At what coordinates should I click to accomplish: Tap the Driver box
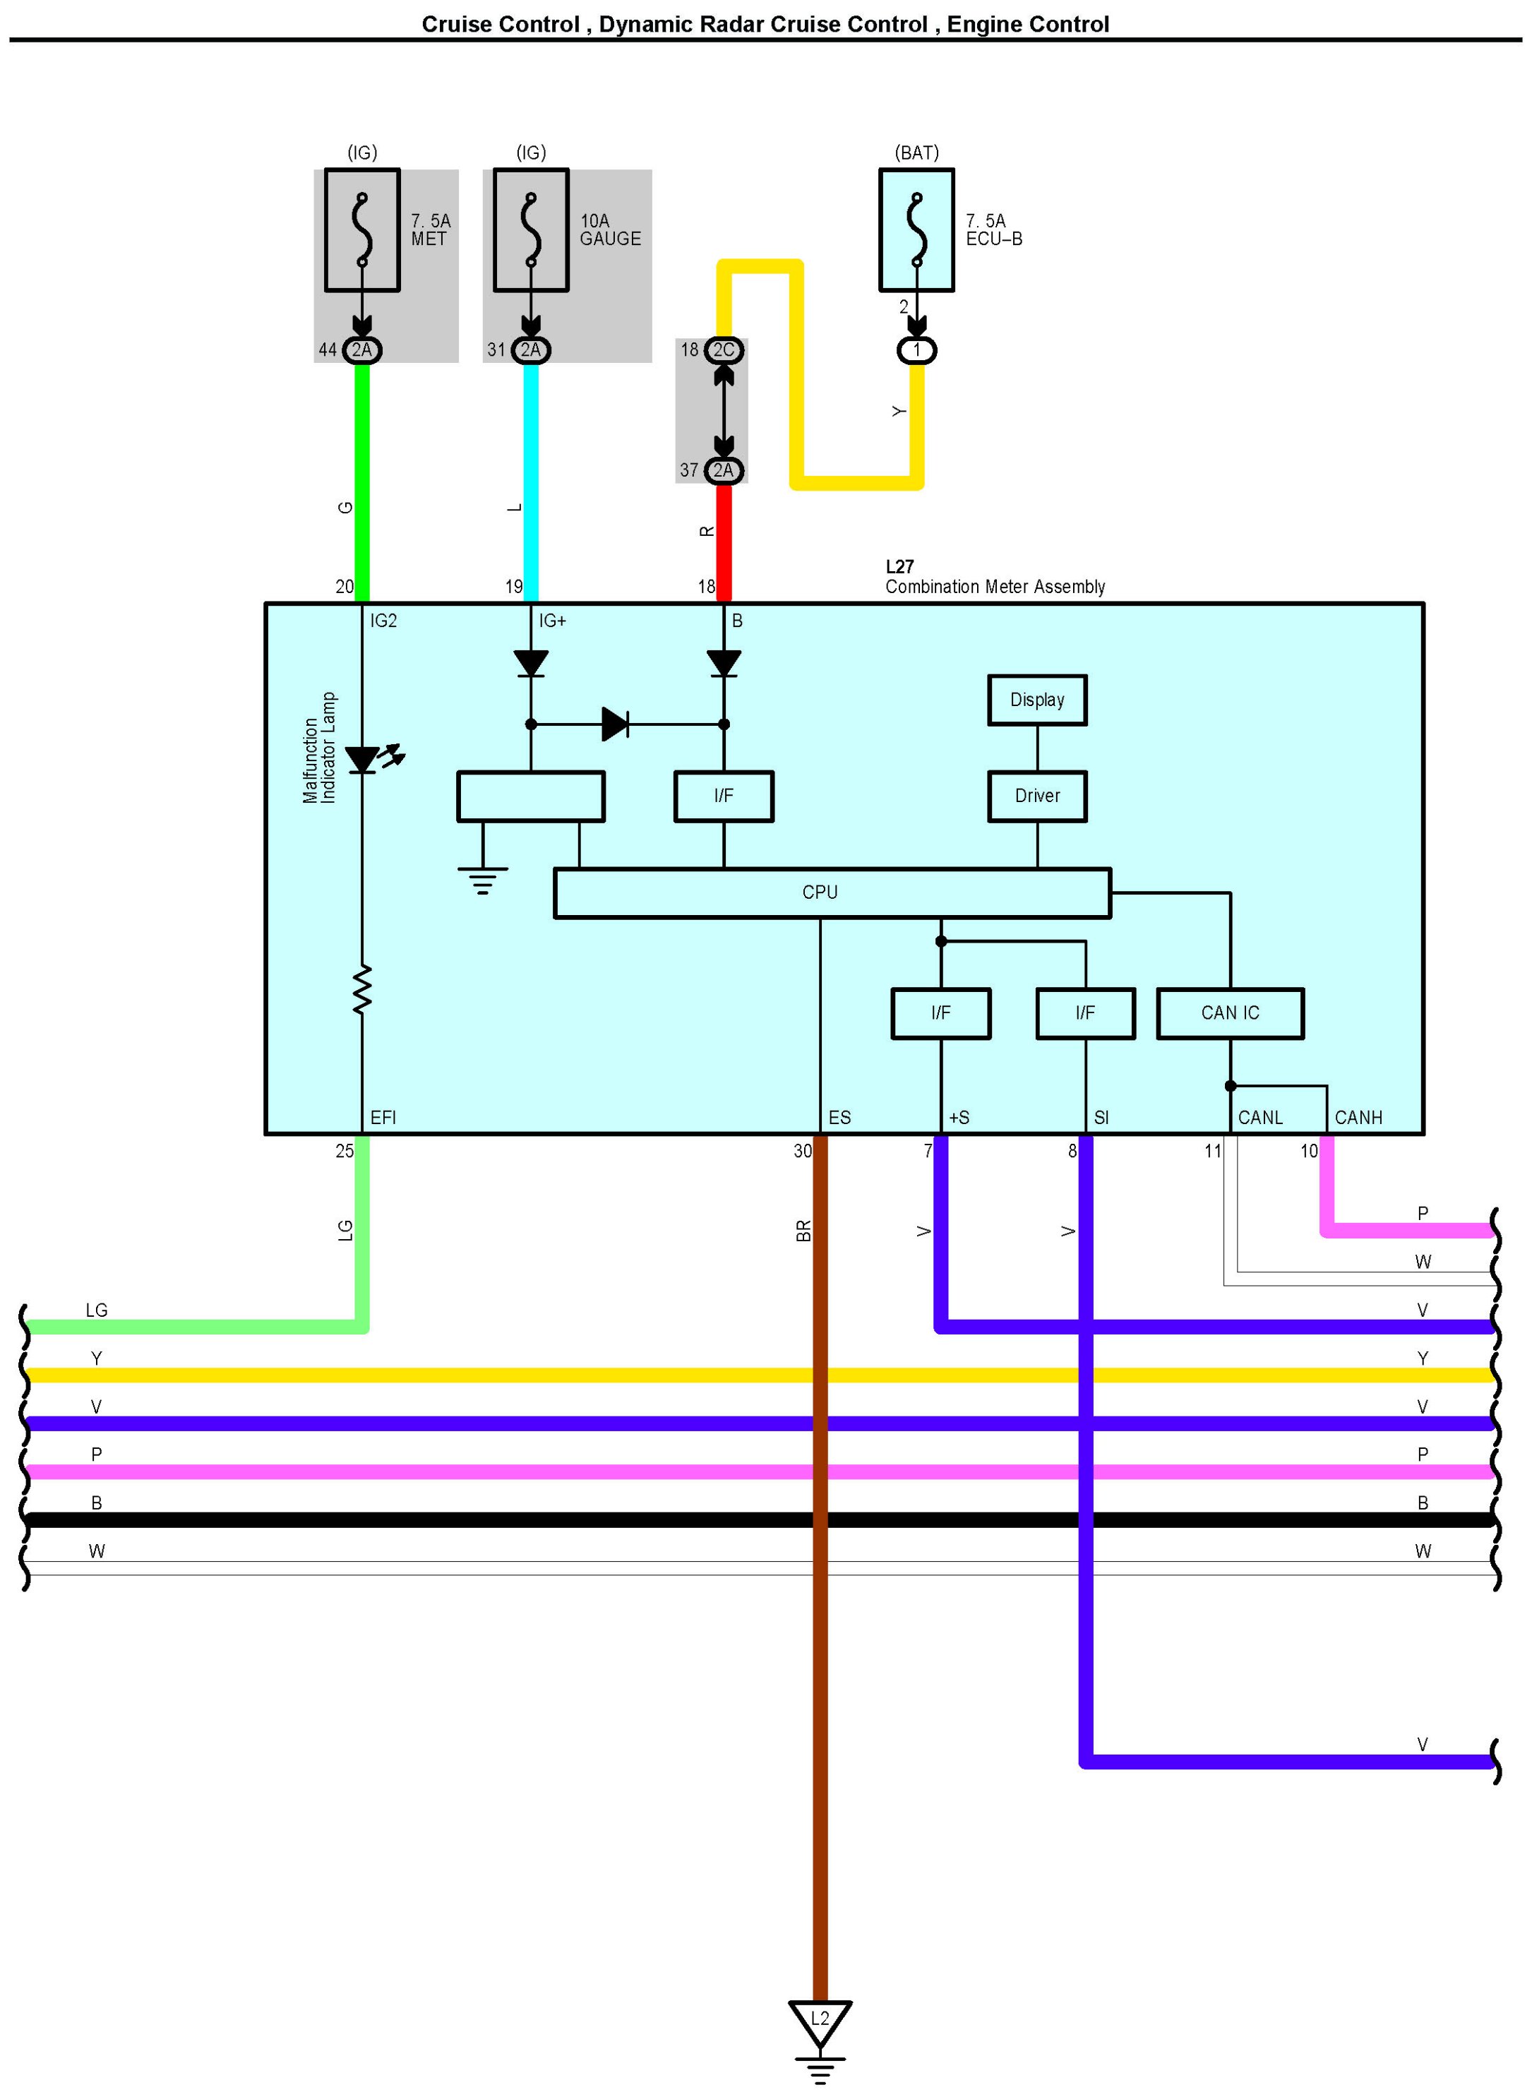[x=1037, y=796]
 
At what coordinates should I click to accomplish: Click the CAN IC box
[x=1230, y=1012]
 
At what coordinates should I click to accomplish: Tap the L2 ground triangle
[x=820, y=2023]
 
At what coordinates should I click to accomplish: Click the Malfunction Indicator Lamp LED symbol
[x=361, y=760]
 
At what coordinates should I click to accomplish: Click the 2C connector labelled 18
[x=724, y=349]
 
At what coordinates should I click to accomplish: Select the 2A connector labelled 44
[x=361, y=349]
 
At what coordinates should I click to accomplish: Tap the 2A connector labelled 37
[x=724, y=470]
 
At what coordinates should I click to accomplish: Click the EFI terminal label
[x=383, y=1118]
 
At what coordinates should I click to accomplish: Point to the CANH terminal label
[x=1358, y=1118]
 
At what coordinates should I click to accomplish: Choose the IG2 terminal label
[x=383, y=621]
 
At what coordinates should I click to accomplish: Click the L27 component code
[x=899, y=567]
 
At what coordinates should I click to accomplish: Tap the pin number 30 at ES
[x=802, y=1151]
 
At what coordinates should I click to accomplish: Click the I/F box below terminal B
[x=724, y=796]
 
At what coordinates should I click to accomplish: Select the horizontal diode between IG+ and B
[x=615, y=724]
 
